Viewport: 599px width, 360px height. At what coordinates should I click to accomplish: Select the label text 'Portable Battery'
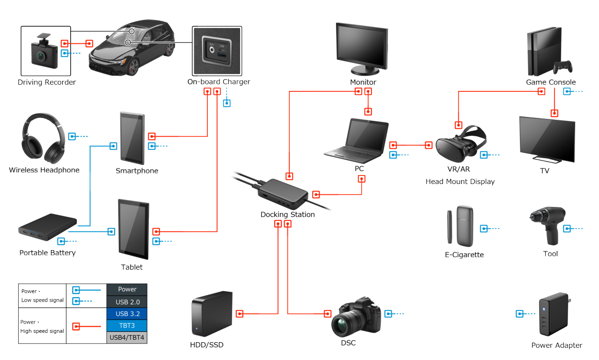pos(47,253)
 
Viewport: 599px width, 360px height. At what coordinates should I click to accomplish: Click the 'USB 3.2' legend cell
pos(127,313)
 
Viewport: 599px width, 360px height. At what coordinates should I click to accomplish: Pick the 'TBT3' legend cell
pos(127,325)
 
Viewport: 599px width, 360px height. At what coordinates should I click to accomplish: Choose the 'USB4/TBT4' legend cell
pos(127,338)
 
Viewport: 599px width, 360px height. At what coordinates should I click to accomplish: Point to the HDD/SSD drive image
pos(211,315)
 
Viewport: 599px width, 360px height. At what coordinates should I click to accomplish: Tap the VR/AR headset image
pos(459,146)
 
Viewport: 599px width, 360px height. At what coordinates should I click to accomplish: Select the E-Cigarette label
pos(464,255)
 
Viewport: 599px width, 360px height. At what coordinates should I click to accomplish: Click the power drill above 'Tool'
pos(548,225)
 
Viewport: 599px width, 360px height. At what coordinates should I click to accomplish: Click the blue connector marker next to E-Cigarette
pos(484,228)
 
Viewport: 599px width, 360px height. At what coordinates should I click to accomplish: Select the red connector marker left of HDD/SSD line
pos(240,314)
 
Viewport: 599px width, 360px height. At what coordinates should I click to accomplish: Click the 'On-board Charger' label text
pos(219,82)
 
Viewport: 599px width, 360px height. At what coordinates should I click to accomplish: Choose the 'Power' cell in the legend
pos(127,289)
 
